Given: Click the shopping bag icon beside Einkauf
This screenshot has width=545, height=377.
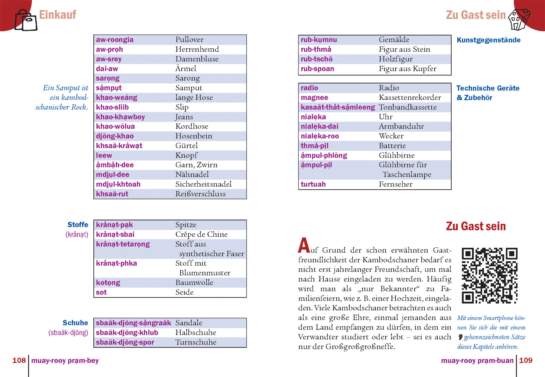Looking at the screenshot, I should click(x=26, y=20).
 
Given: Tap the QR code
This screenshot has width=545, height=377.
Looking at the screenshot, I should click(x=489, y=276).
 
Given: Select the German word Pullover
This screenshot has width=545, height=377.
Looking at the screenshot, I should click(x=189, y=40).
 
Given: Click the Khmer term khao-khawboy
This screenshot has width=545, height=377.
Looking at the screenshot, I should click(x=120, y=117).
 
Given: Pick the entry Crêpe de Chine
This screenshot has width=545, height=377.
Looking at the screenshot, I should click(x=201, y=234).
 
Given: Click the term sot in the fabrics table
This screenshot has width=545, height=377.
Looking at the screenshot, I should click(x=101, y=292).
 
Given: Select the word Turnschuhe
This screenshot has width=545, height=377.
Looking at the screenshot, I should click(x=196, y=342).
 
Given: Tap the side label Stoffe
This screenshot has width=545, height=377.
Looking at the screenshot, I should click(x=78, y=225).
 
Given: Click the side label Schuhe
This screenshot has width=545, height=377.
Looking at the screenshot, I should click(x=75, y=323).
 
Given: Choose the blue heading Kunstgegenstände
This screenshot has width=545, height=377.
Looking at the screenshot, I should click(x=489, y=40).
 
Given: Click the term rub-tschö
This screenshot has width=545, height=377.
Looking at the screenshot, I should click(x=317, y=59).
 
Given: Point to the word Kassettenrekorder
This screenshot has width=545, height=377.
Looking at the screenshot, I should click(x=410, y=98).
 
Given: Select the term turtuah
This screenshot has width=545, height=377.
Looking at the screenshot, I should click(x=313, y=184).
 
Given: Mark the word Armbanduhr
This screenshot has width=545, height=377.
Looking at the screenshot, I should click(x=401, y=126).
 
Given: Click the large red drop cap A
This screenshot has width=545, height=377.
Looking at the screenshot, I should click(x=304, y=245).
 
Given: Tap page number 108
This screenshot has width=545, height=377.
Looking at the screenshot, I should click(x=19, y=360).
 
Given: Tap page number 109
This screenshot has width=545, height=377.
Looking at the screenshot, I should click(x=526, y=360).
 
